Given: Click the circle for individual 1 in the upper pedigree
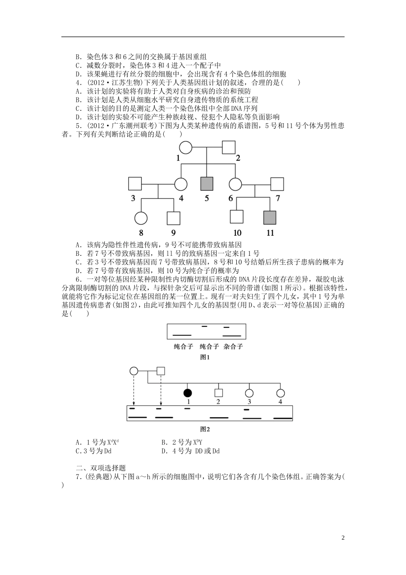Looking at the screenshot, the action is coord(185,148).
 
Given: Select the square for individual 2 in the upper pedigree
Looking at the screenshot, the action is coord(229,148).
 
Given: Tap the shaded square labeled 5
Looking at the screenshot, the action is coord(207,184).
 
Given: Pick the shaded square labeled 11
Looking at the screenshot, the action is coord(270,217).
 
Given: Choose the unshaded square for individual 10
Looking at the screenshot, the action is coord(237,217).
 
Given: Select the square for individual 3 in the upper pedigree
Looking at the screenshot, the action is coord(135,184).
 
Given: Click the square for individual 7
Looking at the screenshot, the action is coord(277,184).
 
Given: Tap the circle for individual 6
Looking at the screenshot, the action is coord(235,184).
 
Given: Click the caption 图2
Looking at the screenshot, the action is coord(206,429).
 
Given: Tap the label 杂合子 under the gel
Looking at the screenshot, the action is coord(233,347).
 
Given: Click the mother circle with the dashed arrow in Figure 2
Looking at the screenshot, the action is coord(134,370).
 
